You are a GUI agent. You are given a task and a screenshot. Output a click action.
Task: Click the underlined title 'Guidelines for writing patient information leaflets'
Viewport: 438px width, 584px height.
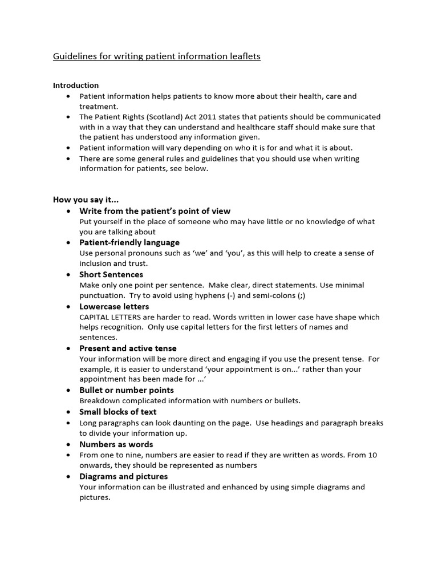pyautogui.click(x=157, y=56)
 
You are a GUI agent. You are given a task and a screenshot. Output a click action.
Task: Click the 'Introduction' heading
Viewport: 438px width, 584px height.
pyautogui.click(x=76, y=86)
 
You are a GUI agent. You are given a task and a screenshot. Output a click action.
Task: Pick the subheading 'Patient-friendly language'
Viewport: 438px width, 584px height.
pyautogui.click(x=129, y=242)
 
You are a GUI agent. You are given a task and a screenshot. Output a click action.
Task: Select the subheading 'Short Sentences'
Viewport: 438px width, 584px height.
pyautogui.click(x=111, y=274)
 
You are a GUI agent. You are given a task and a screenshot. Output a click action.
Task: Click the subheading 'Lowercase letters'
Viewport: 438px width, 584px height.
pyautogui.click(x=114, y=306)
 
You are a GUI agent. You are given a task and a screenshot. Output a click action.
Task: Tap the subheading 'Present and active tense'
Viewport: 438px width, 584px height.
pyautogui.click(x=128, y=348)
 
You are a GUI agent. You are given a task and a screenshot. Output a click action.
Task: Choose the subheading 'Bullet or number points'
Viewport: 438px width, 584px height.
pyautogui.click(x=127, y=390)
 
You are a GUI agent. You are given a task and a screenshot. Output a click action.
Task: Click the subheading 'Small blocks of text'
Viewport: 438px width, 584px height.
pyautogui.click(x=117, y=412)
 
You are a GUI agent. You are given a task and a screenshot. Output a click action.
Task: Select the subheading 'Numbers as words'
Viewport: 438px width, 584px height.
pyautogui.click(x=116, y=444)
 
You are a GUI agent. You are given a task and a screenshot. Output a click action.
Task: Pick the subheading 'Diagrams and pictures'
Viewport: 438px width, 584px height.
pyautogui.click(x=123, y=476)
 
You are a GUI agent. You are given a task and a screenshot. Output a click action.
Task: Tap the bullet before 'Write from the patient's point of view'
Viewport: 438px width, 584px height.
pyautogui.click(x=69, y=211)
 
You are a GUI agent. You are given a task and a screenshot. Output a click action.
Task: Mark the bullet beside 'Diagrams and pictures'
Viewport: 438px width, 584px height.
pyautogui.click(x=69, y=476)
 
